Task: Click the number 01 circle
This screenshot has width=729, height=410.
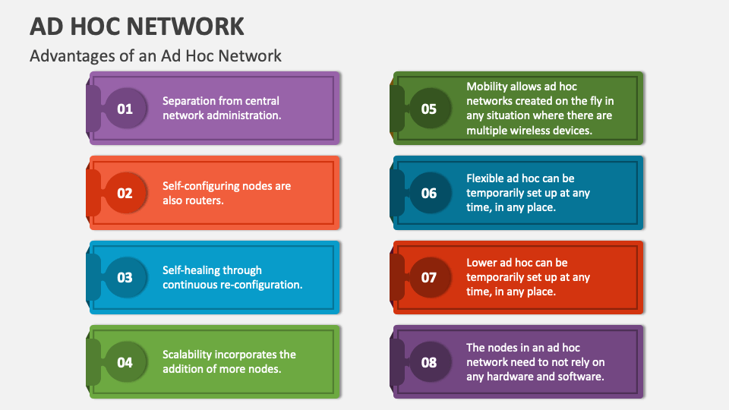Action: [125, 109]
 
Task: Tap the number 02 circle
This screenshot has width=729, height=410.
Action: [125, 193]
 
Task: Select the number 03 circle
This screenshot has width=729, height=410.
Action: [125, 277]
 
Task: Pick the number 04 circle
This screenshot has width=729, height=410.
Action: [125, 362]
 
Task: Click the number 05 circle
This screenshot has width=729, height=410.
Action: [429, 109]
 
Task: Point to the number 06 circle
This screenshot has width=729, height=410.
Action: [429, 193]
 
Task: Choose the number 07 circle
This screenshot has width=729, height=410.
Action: [429, 277]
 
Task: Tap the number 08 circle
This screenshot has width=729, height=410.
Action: [429, 362]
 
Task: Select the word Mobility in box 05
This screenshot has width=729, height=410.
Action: [487, 87]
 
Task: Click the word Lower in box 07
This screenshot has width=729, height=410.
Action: [482, 263]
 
